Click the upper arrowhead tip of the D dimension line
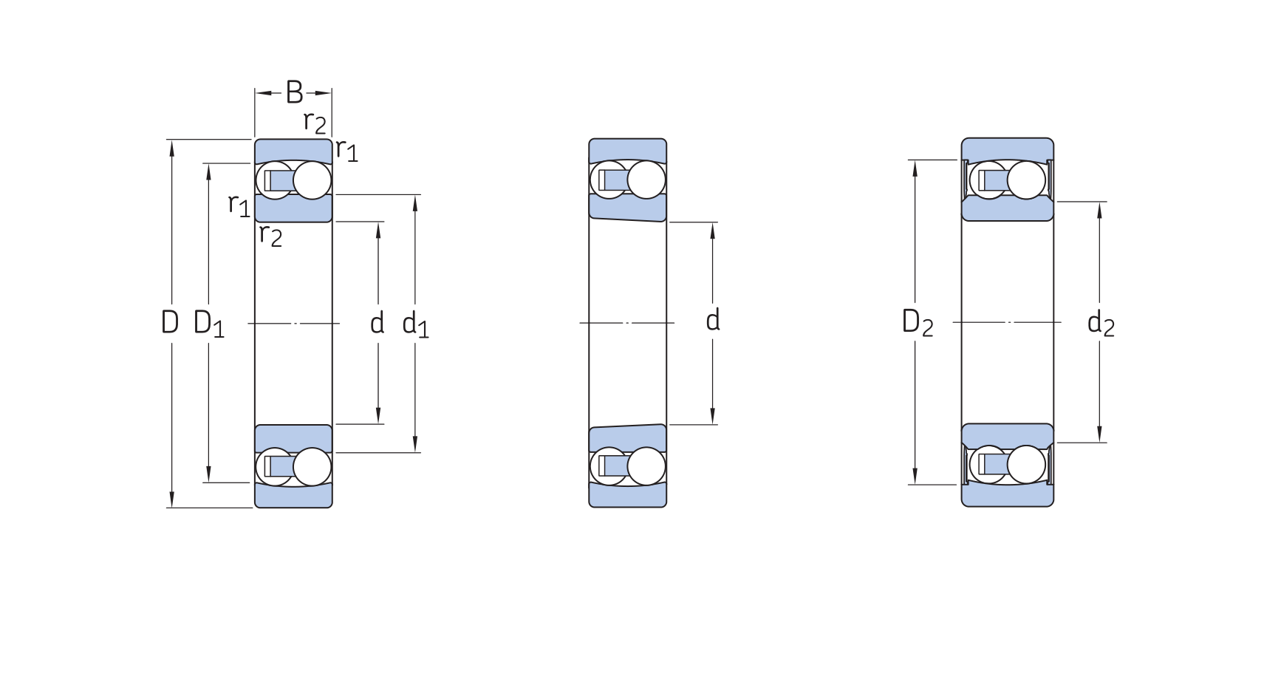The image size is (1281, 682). tap(172, 140)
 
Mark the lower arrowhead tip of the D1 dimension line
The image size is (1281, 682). tap(209, 482)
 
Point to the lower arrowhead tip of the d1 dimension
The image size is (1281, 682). tap(415, 451)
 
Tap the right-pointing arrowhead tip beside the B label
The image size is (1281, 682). tap(331, 93)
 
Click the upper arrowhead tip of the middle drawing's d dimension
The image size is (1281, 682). tap(713, 222)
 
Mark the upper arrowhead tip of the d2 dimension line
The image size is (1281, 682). tap(1099, 202)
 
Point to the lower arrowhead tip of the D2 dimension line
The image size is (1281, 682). tap(915, 484)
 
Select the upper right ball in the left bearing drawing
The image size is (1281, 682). tap(312, 180)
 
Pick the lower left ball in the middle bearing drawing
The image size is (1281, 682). tap(609, 466)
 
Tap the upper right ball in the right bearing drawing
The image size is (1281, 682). tap(1026, 180)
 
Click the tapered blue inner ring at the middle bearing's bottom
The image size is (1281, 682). tap(627, 438)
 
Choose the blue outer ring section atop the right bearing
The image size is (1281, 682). tap(1008, 150)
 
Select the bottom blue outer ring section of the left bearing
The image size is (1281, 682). tap(293, 496)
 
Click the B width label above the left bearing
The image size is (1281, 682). tap(294, 93)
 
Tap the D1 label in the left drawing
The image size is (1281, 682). tap(208, 323)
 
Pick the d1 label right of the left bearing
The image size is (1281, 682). tap(415, 324)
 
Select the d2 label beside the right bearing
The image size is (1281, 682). tap(1101, 323)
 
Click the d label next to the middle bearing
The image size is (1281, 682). tap(713, 321)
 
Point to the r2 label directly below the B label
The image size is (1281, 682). tap(315, 122)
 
